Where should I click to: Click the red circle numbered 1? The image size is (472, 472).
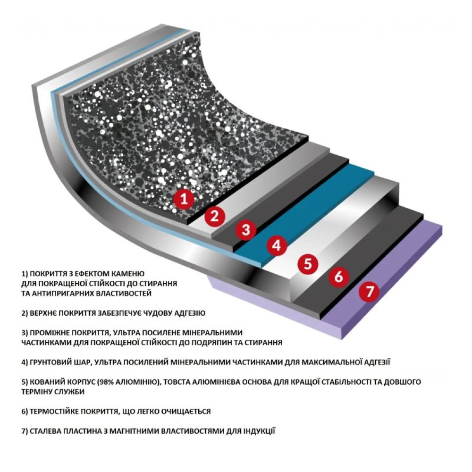185,199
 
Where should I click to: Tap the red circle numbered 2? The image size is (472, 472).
214,216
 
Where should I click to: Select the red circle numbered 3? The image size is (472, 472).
245,230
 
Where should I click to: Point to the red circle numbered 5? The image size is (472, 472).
308,263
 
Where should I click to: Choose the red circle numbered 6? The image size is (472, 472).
338,277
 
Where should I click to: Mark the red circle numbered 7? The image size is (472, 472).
369,292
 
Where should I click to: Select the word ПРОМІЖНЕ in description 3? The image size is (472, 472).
50,332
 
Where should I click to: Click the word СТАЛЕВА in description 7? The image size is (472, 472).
46,431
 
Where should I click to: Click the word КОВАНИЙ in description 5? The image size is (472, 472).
45,381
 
